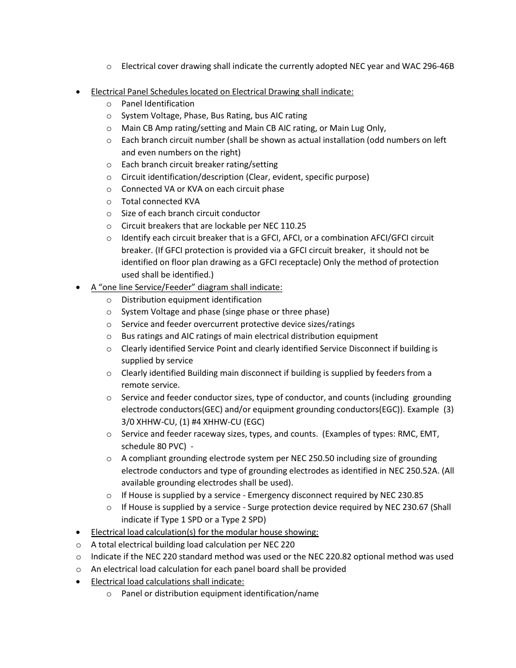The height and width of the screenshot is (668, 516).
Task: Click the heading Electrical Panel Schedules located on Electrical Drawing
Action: pos(222,91)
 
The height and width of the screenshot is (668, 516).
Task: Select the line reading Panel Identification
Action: pos(158,104)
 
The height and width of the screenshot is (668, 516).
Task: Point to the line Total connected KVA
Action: pos(160,201)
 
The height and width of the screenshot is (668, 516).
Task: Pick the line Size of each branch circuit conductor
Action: pos(191,213)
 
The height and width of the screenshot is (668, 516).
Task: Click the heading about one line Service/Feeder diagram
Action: pos(186,287)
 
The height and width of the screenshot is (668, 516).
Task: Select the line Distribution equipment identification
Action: pos(191,300)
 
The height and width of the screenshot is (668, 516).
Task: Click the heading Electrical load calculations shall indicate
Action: pos(167,581)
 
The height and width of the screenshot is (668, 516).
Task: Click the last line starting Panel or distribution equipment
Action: pos(219,594)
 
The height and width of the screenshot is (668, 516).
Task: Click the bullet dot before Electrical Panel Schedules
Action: pos(79,92)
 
